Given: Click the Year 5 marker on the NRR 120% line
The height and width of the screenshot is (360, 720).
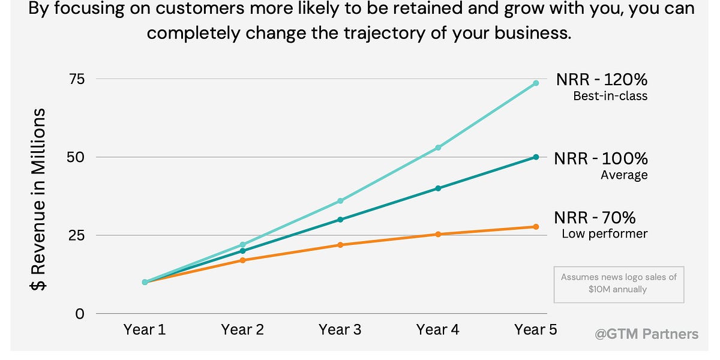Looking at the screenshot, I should (536, 83).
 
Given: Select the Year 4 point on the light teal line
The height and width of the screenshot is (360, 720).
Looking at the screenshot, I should (438, 147).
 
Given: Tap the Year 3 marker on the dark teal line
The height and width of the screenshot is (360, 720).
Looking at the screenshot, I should (340, 220).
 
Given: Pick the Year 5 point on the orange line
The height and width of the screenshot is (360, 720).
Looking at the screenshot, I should (536, 227).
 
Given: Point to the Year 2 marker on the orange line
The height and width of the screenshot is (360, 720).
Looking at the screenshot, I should (242, 260).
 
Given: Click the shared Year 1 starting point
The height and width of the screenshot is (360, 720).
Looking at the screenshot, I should (145, 282).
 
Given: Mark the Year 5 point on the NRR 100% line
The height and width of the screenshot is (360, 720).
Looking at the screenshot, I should (536, 157).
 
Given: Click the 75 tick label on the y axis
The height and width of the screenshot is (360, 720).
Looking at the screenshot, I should (76, 79).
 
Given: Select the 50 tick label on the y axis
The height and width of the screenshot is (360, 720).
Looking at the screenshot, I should (76, 157).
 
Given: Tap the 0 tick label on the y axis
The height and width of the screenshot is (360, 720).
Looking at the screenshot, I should (80, 313).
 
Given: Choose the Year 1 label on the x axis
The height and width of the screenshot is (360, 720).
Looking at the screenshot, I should (145, 329).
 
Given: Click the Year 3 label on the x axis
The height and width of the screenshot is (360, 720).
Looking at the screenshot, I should (340, 329).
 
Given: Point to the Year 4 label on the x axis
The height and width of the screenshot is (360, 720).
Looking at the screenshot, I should (438, 329).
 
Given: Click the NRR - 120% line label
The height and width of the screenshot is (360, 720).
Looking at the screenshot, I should (601, 80).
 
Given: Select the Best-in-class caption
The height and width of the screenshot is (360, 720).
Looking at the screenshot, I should (610, 96).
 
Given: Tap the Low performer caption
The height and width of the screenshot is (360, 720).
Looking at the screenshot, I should (604, 233).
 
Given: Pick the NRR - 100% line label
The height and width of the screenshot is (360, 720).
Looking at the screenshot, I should (601, 158).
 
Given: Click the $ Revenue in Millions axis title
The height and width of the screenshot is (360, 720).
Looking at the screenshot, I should (39, 200).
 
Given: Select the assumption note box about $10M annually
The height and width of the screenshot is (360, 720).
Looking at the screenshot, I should (619, 284).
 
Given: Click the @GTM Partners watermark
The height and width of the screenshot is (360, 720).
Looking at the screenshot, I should (646, 334).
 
